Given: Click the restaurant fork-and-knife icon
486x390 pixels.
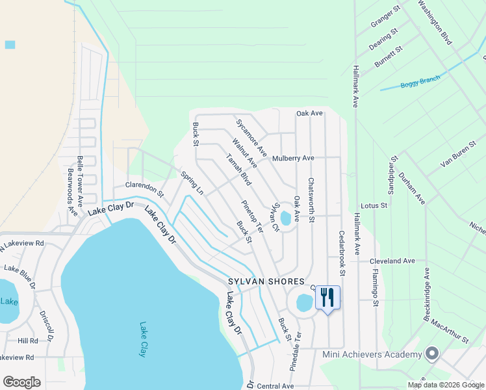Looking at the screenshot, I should click(327, 298).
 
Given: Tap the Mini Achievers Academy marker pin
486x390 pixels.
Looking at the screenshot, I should click(433, 354).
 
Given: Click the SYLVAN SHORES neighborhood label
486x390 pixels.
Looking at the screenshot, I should click(266, 281).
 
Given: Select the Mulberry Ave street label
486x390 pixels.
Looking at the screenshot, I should click(293, 158).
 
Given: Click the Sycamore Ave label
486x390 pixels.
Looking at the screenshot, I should click(251, 137).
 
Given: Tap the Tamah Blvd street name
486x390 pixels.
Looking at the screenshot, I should click(238, 170).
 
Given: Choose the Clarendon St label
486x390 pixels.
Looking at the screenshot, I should click(145, 188).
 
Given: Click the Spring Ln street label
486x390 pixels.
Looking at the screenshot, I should click(192, 183).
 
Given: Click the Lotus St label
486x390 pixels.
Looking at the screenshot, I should click(374, 205).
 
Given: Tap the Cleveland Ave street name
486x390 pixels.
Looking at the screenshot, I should click(392, 261).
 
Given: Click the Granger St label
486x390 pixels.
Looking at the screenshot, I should click(385, 18).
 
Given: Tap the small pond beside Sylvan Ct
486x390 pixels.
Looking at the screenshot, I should click(286, 219).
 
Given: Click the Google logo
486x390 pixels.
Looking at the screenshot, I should click(21, 382).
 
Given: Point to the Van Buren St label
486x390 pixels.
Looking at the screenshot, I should click(458, 155).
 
